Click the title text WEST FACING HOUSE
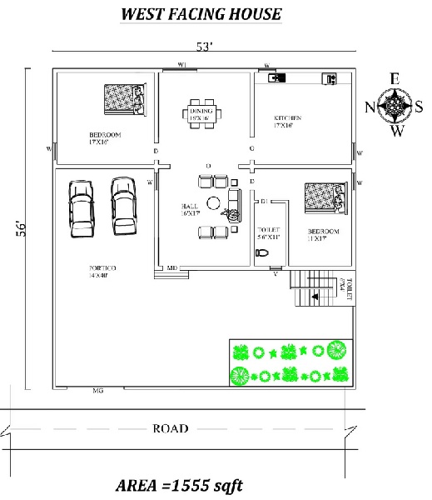(x=201, y=14)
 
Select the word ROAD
(x=171, y=428)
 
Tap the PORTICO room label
(x=102, y=270)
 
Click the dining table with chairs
(x=201, y=114)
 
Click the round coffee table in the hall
(x=215, y=202)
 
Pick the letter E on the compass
(x=395, y=79)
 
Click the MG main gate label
(x=98, y=389)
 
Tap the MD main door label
(x=172, y=267)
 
